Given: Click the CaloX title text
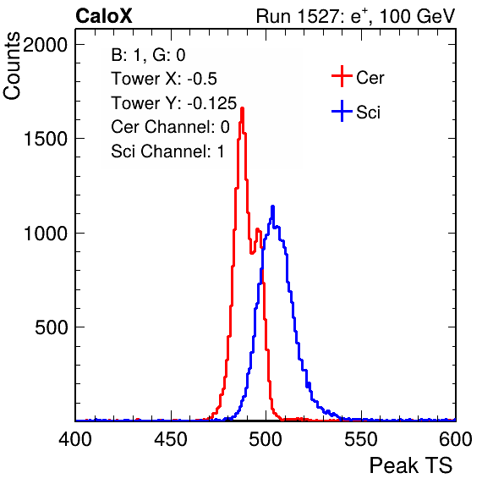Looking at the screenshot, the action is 104,15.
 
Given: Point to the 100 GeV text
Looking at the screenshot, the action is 417,16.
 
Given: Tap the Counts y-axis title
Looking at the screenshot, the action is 12,66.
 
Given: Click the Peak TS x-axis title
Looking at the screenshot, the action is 411,465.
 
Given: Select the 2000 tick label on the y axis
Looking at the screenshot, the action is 46,45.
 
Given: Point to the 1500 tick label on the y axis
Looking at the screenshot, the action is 46,139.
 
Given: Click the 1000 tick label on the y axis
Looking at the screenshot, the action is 46,234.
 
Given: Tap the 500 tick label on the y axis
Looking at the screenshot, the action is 51,327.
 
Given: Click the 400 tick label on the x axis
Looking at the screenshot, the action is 75,438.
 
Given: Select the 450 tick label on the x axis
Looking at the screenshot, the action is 170,438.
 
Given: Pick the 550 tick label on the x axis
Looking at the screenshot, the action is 360,438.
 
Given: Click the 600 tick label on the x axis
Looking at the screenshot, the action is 456,438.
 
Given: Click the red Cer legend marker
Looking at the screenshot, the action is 342,76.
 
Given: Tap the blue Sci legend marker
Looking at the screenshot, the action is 342,112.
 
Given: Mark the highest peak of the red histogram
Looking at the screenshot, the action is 243,108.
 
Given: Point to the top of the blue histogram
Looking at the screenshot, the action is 272,206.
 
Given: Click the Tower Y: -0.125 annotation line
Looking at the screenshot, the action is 173,103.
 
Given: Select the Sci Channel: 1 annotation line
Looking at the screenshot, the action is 167,151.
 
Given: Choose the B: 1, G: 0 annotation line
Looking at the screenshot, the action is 148,55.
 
